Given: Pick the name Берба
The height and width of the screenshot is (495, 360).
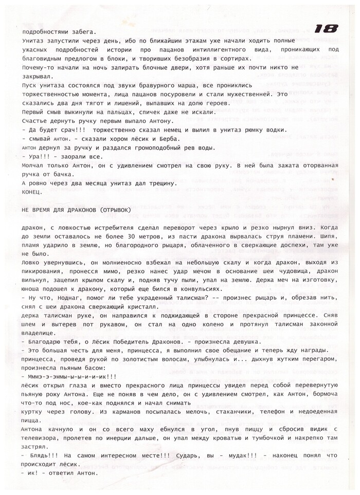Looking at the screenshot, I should [169, 139].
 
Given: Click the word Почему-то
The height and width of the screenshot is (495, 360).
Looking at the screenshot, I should [41, 67].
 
